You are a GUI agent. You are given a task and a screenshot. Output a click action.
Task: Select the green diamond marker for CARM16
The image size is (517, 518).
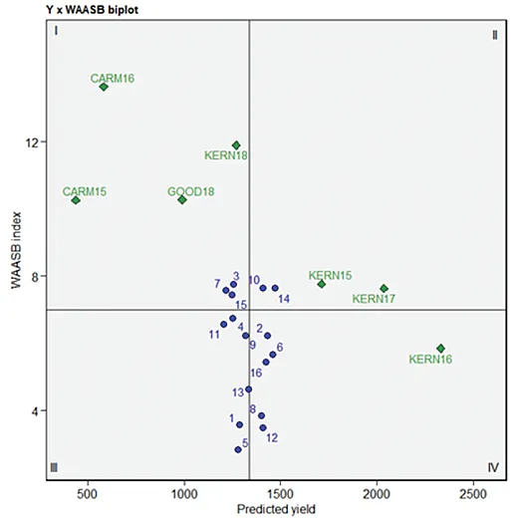click(104, 87)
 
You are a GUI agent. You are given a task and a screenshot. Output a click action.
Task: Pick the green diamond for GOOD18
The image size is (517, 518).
click(182, 200)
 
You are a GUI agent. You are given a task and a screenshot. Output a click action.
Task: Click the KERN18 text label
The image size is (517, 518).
click(226, 155)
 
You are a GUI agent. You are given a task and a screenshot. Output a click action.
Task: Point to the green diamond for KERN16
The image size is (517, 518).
click(440, 349)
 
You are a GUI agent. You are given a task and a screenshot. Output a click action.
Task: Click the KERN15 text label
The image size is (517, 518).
click(330, 274)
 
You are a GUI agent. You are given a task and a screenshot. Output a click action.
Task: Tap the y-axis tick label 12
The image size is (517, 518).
click(33, 141)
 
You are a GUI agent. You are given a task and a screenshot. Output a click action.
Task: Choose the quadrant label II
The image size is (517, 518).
click(494, 35)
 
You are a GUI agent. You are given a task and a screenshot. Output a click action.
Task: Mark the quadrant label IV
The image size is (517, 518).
click(492, 467)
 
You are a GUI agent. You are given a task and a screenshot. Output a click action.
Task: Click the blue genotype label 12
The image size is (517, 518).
click(271, 438)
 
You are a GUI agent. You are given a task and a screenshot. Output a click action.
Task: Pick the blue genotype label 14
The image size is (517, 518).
click(284, 299)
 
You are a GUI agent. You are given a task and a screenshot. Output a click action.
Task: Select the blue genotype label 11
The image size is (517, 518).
click(214, 335)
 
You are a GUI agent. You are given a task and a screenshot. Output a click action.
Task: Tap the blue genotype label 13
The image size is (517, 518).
click(238, 392)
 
